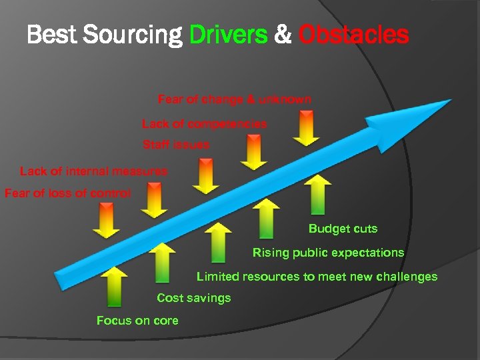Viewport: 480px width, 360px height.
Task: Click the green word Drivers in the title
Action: point(229,35)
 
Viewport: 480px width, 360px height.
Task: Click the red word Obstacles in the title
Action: point(353,35)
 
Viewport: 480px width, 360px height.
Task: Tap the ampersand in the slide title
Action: point(283,35)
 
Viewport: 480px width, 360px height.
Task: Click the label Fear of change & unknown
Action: point(234,99)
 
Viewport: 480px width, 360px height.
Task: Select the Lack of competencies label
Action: point(204,124)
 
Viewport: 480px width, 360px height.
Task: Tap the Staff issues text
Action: point(175,145)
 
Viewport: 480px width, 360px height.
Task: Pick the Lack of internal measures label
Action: point(93,171)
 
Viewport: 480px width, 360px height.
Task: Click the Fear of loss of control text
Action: point(67,193)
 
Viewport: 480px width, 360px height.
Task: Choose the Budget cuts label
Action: point(343,229)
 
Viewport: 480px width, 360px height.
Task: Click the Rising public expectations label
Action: point(328,253)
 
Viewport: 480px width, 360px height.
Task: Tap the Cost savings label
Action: point(193,298)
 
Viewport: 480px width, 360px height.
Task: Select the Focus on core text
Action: point(137,321)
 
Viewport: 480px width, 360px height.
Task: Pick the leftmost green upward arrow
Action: point(115,286)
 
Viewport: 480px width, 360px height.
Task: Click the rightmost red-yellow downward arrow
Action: point(306,128)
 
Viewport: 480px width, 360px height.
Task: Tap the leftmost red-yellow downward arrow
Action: point(106,221)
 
